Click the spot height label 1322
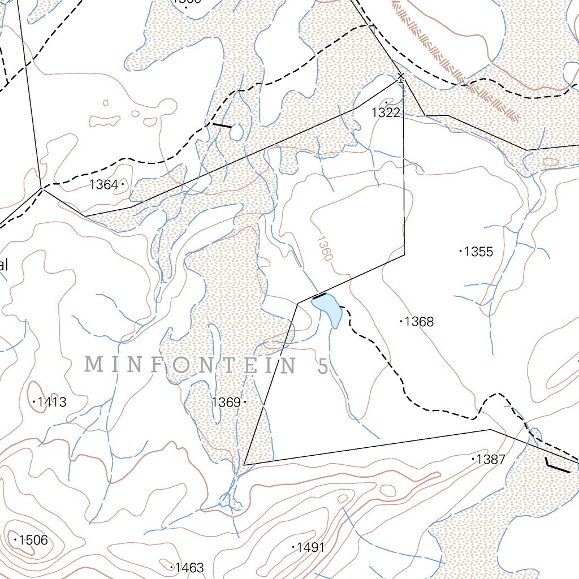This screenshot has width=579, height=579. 386,113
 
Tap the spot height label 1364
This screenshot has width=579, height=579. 103,184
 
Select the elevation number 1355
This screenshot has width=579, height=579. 478,252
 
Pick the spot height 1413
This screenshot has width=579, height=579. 52,402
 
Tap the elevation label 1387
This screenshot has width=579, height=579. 491,459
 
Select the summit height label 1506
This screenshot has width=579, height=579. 33,540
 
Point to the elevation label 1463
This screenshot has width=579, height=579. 189,567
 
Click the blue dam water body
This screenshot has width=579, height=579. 328,309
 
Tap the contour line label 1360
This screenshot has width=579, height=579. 323,248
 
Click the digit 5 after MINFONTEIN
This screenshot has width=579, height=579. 322,366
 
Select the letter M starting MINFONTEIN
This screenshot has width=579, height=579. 94,365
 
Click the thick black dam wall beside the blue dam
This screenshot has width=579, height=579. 319,296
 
